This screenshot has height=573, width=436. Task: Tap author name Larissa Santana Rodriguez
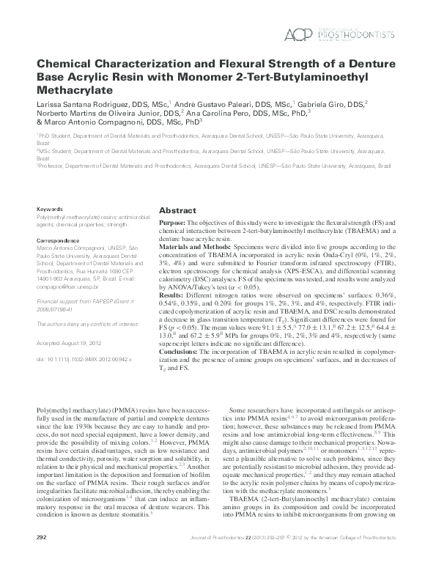84,104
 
